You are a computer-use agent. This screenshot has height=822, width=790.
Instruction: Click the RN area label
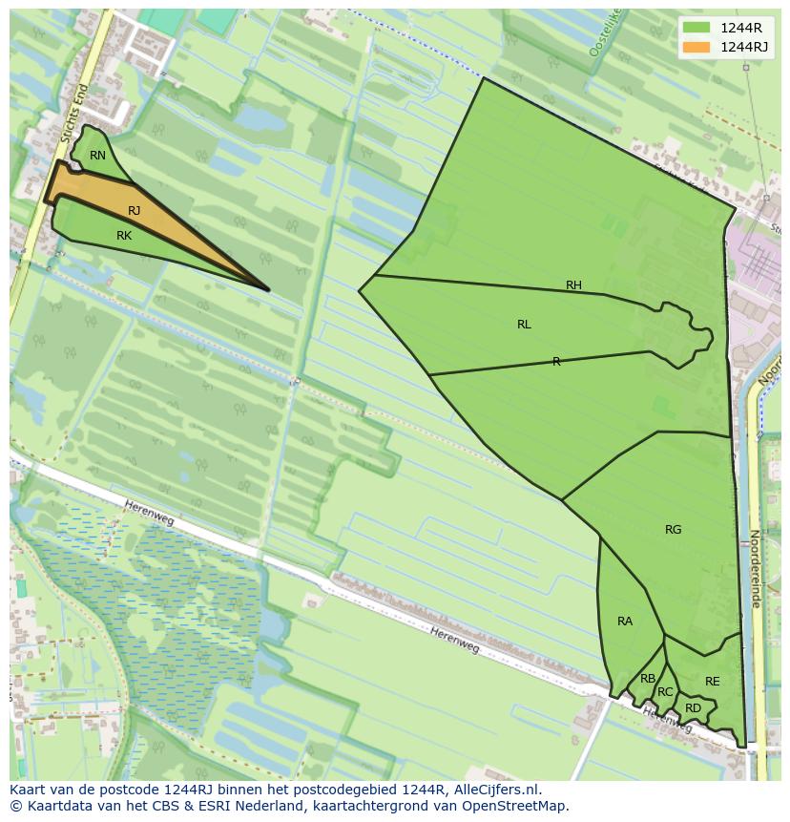[x=97, y=156]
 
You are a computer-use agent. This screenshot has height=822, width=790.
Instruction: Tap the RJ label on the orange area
[x=134, y=211]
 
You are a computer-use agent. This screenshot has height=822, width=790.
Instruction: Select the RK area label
[x=124, y=236]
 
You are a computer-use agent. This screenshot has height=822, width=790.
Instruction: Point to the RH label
[x=573, y=285]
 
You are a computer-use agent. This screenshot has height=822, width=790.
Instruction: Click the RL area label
[x=524, y=325]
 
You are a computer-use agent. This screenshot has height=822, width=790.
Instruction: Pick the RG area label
[x=674, y=530]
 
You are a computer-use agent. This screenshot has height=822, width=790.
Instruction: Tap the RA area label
[x=625, y=622]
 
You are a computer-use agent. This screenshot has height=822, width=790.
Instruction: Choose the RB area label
[x=648, y=679]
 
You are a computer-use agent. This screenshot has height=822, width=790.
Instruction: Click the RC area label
[x=665, y=692]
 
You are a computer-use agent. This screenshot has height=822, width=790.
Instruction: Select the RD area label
[x=693, y=708]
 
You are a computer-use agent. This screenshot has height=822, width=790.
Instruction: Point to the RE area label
[x=713, y=682]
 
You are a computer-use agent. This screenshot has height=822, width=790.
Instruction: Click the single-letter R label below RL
[x=556, y=362]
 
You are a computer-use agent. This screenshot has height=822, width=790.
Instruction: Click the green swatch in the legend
[x=696, y=28]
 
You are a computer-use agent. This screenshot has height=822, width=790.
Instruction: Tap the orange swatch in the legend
[x=696, y=47]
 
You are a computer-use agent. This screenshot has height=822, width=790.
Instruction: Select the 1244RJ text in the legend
[x=744, y=47]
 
